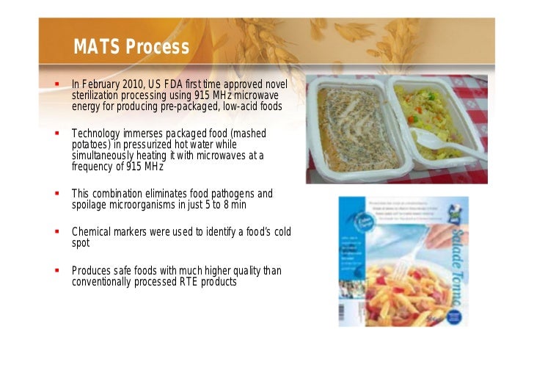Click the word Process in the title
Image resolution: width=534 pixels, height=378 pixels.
(x=158, y=48)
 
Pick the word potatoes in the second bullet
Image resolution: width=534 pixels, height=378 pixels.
(x=90, y=145)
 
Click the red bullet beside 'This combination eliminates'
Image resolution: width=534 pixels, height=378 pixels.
(x=56, y=194)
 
